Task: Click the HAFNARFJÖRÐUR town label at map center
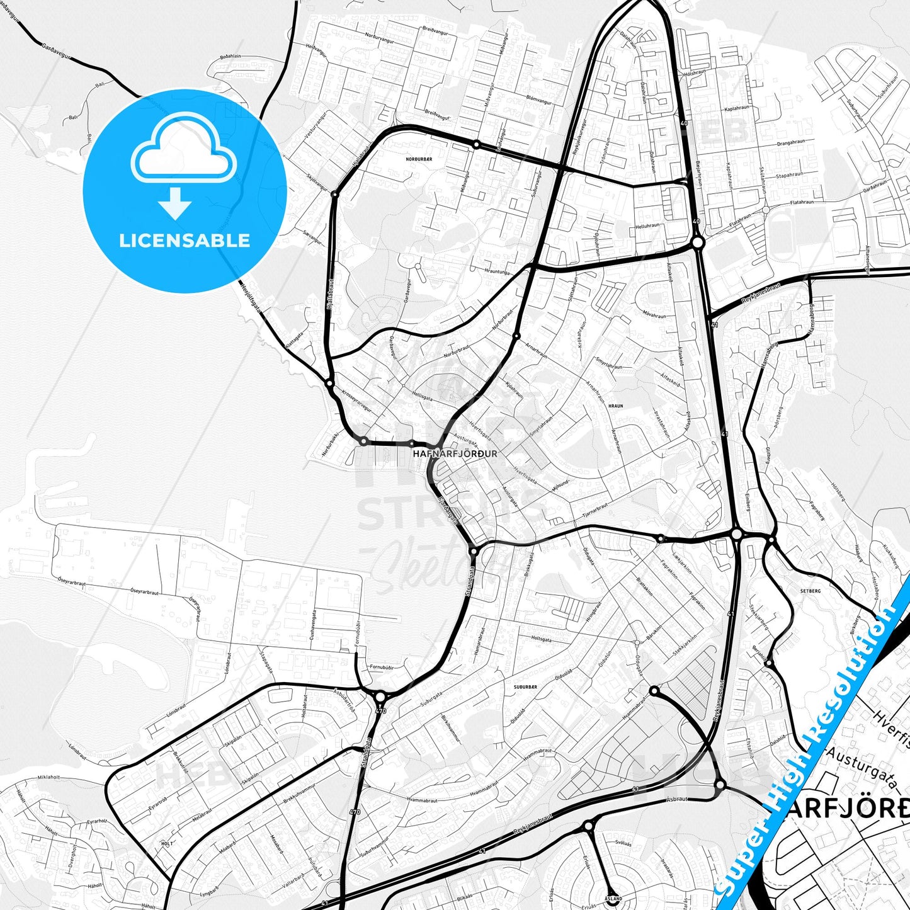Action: pos(455,453)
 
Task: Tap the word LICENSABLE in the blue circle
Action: pos(185,241)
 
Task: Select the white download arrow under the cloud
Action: pos(175,203)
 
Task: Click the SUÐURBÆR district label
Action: pos(524,686)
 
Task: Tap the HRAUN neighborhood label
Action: pos(615,406)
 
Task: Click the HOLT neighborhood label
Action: pos(167,843)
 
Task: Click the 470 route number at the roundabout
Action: pos(380,712)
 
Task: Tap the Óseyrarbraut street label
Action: pos(144,593)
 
